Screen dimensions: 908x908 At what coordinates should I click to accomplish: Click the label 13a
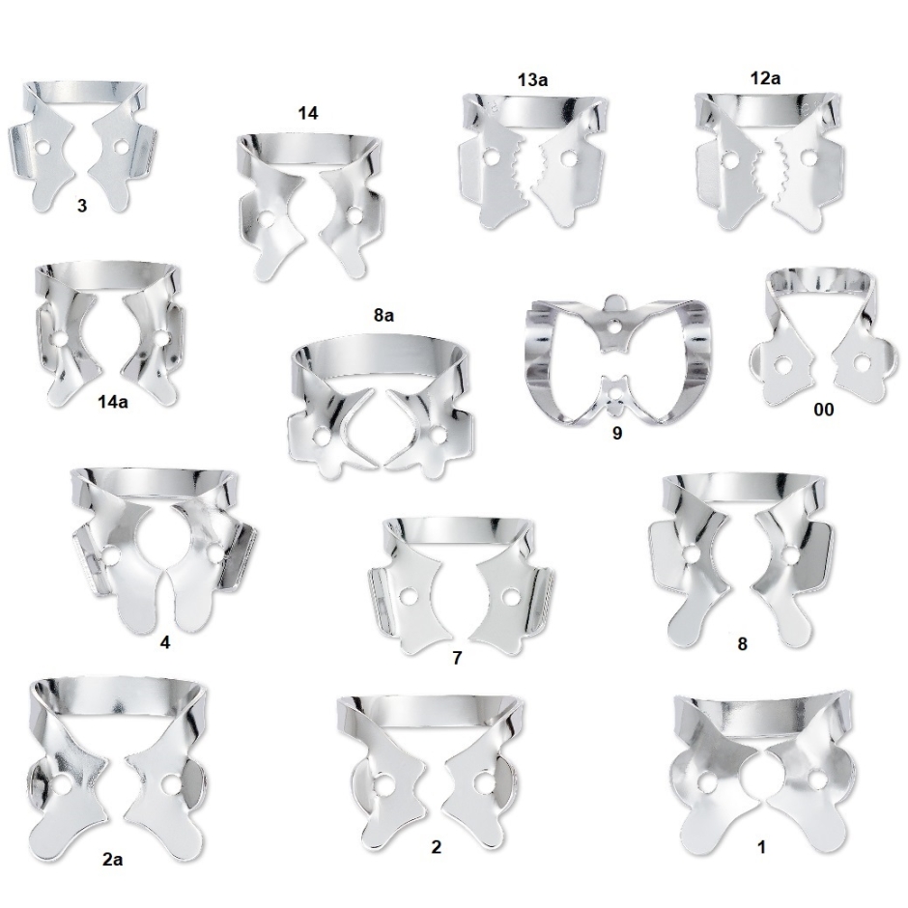click(532, 79)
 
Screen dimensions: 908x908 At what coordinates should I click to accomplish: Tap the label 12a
click(765, 77)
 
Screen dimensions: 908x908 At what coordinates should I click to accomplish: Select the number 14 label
click(307, 113)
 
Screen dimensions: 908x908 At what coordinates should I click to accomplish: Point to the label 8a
click(383, 315)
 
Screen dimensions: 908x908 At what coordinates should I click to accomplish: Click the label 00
click(823, 410)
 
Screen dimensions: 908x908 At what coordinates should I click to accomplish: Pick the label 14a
click(112, 401)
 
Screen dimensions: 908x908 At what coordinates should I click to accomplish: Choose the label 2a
click(112, 860)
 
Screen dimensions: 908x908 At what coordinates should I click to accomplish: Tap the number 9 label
click(616, 433)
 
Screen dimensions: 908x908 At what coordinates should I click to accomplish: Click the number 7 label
click(457, 658)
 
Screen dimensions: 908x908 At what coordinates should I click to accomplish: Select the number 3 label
click(82, 205)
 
